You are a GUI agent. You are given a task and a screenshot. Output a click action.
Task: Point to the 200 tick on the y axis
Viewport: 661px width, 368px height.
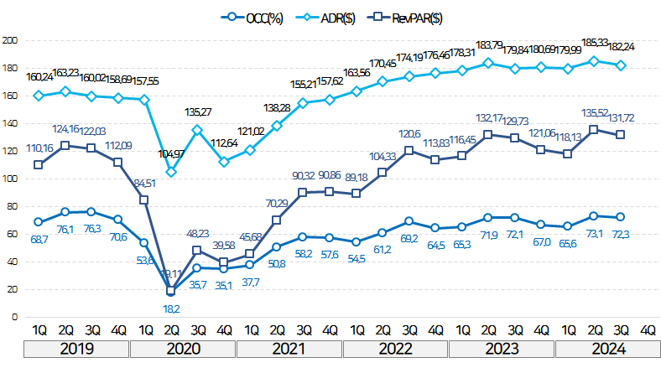click(x=12, y=40)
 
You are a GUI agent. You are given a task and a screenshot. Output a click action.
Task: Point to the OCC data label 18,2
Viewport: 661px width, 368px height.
click(x=171, y=309)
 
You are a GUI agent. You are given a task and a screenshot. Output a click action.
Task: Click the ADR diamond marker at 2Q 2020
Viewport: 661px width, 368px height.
click(x=171, y=172)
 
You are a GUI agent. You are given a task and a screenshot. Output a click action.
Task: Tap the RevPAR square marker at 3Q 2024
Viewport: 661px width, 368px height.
click(x=621, y=134)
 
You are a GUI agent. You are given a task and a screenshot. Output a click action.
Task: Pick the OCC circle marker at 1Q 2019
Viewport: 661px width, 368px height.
click(x=38, y=221)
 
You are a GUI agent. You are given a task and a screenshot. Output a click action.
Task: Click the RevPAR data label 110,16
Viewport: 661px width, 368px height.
click(x=38, y=148)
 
